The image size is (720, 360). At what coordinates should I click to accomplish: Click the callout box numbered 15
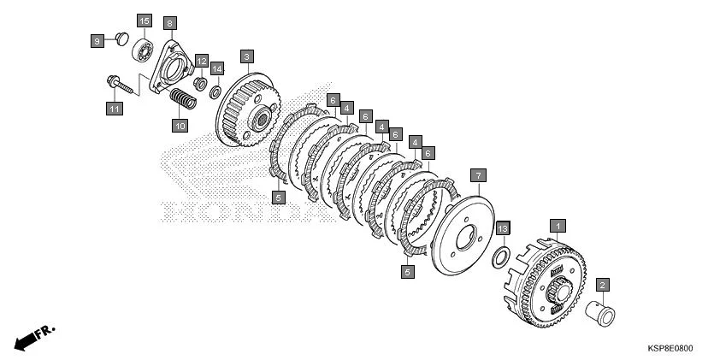[145, 21]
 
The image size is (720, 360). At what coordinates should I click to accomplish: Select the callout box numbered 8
[169, 23]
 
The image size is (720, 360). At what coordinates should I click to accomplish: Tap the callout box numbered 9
[97, 41]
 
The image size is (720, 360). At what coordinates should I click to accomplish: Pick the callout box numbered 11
[115, 109]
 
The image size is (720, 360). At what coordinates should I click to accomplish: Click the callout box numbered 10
[180, 125]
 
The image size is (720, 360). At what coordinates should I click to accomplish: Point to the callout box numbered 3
[247, 57]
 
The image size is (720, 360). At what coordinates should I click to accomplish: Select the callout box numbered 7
[478, 175]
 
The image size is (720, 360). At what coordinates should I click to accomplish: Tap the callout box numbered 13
[504, 228]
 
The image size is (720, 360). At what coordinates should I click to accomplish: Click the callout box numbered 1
[558, 226]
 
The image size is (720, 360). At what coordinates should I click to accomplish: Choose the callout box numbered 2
[603, 285]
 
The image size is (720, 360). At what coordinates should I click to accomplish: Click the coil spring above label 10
[183, 98]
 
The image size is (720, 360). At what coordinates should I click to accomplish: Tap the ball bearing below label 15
[143, 50]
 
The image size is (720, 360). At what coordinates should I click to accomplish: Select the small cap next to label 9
[122, 38]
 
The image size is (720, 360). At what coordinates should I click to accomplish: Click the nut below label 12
[201, 84]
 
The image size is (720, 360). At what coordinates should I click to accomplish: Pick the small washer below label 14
[215, 92]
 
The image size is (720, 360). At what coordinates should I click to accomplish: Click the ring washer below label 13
[500, 257]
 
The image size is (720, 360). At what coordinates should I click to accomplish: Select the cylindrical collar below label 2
[600, 314]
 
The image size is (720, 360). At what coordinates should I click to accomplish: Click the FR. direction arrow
[34, 339]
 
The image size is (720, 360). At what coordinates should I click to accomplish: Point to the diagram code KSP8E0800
[670, 349]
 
